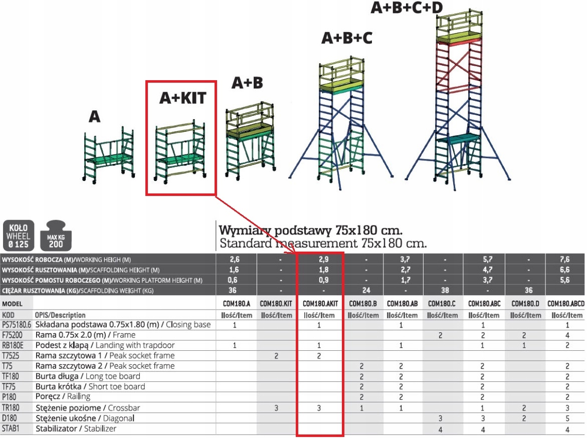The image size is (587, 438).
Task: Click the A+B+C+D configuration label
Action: tap(407, 9)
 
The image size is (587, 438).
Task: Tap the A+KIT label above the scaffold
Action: tap(182, 98)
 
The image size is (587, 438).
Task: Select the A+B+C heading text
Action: tap(347, 38)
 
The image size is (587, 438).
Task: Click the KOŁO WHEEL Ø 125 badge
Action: tap(19, 235)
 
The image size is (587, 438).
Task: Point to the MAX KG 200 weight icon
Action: tap(56, 235)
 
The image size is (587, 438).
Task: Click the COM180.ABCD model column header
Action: tap(566, 304)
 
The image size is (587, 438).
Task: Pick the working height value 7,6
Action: tap(566, 260)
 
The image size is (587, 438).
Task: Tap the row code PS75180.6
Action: tap(16, 325)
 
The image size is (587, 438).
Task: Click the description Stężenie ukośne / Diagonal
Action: tap(85, 418)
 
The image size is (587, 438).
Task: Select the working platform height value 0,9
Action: tap(319, 280)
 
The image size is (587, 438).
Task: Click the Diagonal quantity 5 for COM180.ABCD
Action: tap(567, 418)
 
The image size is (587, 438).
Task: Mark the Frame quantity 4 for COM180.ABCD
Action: tap(567, 335)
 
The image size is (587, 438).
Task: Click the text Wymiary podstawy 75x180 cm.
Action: tap(311, 231)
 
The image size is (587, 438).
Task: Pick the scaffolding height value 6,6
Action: tap(566, 270)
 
